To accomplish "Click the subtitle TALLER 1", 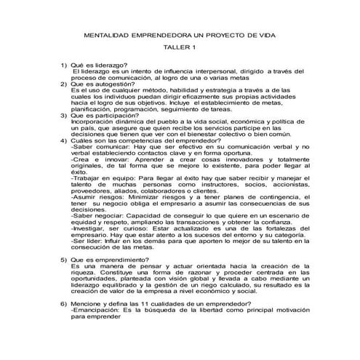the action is (x=180, y=48).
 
